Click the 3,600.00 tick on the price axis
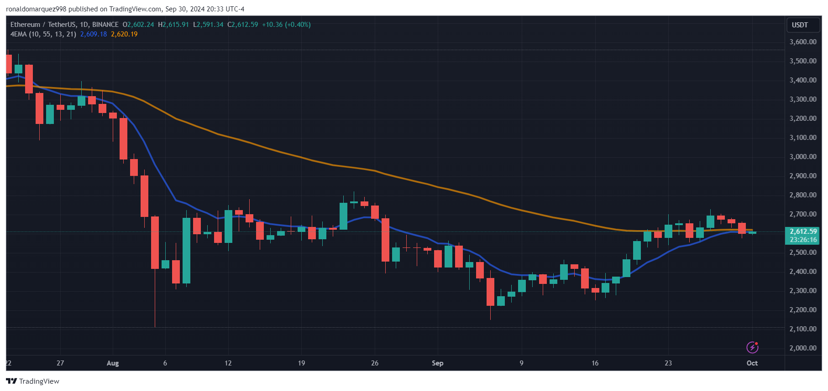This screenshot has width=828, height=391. [803, 41]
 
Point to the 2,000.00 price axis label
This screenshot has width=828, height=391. [803, 348]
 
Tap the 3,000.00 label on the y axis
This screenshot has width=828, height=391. [803, 156]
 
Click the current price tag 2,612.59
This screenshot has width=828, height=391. [803, 232]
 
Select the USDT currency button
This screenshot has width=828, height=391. [800, 25]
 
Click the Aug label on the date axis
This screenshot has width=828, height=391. [113, 363]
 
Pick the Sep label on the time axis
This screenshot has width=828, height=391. [437, 363]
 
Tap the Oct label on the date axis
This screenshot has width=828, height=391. [752, 363]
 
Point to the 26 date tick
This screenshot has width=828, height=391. [375, 363]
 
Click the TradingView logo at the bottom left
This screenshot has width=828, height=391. [32, 381]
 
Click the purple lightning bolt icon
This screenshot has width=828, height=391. [752, 348]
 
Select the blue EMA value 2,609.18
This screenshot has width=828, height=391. [94, 34]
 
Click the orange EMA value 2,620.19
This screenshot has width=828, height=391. [124, 34]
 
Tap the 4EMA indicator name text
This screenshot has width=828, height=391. [43, 34]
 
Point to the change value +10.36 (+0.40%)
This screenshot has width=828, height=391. [286, 25]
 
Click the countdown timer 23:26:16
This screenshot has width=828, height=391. [803, 240]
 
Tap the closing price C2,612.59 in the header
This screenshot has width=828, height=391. [242, 25]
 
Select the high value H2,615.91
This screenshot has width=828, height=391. [173, 25]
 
